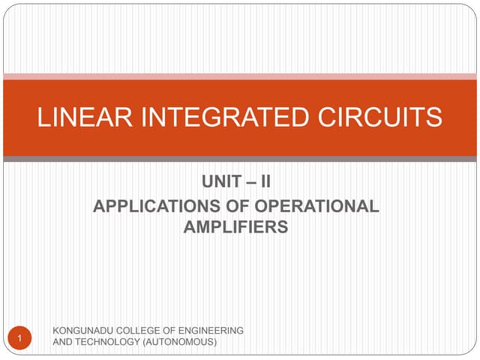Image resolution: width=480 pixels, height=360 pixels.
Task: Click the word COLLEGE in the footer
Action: pos(140,331)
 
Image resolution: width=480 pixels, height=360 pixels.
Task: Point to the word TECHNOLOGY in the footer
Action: pos(106,342)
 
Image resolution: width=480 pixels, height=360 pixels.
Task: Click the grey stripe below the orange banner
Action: pos(240,159)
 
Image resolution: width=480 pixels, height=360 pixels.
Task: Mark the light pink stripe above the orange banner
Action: pos(240,76)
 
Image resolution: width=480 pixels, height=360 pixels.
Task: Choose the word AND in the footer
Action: pos(61,342)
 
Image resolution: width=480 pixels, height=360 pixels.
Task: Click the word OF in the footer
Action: pos(172,331)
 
